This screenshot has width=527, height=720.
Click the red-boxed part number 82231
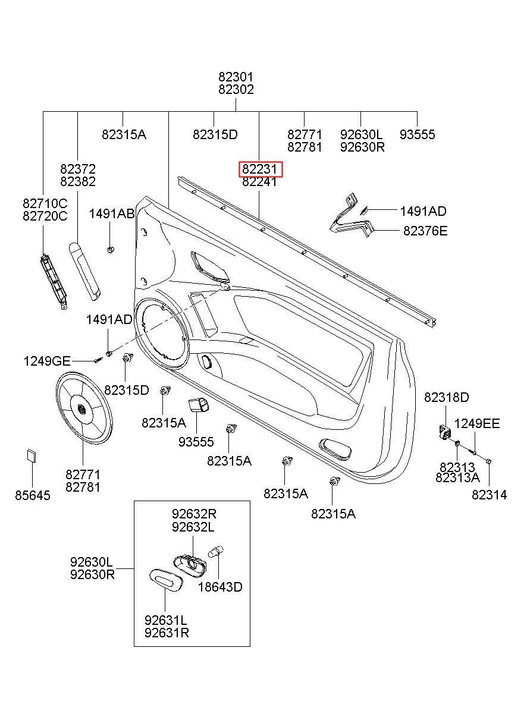[x=260, y=169]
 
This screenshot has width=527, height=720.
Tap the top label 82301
[x=236, y=77]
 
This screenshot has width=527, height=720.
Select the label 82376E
[x=425, y=231]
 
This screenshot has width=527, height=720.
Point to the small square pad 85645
[x=31, y=456]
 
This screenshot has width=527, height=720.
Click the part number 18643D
[x=220, y=587]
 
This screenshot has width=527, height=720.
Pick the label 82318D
[x=446, y=397]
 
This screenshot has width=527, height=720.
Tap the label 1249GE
[x=47, y=360]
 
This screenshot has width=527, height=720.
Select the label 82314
[x=489, y=495]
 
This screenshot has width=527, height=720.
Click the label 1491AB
[x=112, y=214]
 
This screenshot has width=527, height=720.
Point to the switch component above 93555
[x=198, y=405]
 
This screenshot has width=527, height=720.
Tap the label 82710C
[x=45, y=203]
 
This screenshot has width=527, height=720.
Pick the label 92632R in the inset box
[x=194, y=514]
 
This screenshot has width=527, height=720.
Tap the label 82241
[x=259, y=183]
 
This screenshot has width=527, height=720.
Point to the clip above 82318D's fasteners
[x=444, y=430]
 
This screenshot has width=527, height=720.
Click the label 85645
[x=33, y=495]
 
